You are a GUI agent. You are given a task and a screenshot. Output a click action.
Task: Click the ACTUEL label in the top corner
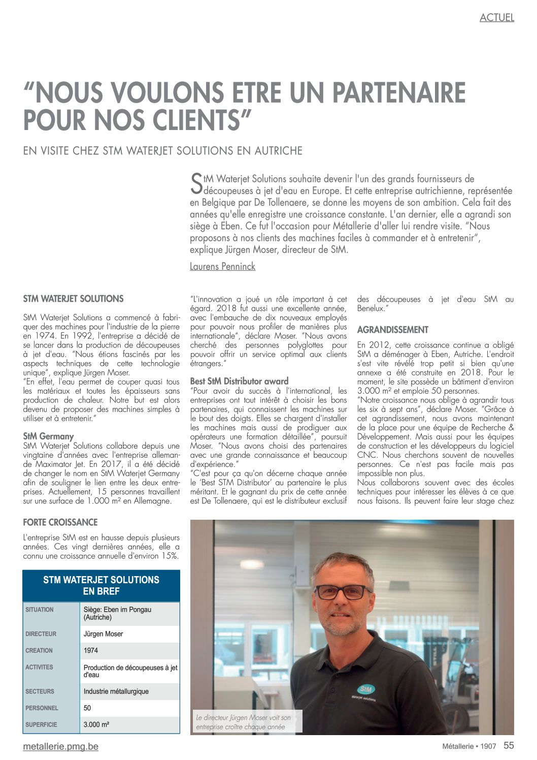(496, 18)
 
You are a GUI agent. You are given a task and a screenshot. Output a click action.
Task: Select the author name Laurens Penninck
(222, 266)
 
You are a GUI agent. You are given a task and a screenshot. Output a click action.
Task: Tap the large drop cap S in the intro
(196, 184)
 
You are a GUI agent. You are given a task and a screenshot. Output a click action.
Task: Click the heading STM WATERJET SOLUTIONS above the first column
(74, 299)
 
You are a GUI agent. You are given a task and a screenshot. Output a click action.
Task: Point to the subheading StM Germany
(48, 436)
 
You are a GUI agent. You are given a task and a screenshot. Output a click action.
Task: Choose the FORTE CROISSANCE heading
(60, 522)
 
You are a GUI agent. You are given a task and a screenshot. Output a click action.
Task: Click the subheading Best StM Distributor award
(239, 381)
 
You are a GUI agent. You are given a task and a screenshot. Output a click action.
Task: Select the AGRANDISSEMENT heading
(392, 330)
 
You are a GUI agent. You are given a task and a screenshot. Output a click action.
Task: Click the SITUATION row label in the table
(40, 610)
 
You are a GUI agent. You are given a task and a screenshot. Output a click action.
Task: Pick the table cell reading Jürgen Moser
(103, 634)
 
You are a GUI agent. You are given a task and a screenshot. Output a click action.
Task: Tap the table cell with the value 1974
(91, 650)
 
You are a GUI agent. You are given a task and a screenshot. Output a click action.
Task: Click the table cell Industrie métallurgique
(116, 691)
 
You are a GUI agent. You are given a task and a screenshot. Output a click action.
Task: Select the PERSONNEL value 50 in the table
(87, 708)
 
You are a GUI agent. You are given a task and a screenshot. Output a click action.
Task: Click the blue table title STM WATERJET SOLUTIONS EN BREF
(101, 585)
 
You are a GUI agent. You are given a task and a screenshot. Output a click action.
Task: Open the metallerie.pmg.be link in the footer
(60, 746)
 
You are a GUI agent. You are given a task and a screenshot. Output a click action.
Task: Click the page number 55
(508, 745)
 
